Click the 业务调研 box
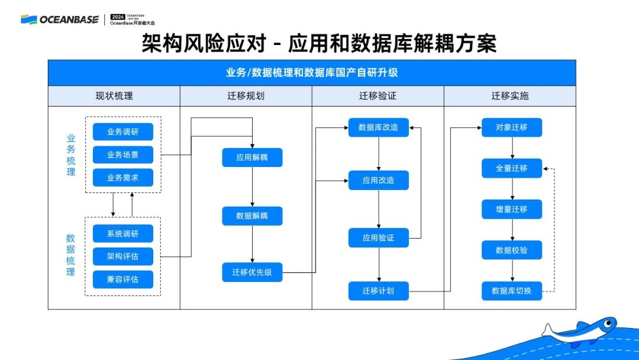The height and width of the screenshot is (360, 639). click(123, 131)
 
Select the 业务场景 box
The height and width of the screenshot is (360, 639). click(123, 155)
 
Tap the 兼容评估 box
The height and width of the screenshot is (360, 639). click(123, 279)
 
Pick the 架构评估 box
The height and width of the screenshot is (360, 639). click(123, 256)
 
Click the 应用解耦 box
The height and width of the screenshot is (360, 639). click(252, 157)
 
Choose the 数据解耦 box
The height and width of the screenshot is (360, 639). click(252, 216)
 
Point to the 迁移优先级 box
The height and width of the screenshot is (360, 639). click(252, 272)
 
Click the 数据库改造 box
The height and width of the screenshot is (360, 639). click(379, 127)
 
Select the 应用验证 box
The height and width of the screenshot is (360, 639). click(379, 238)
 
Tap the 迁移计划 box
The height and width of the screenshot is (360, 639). click(379, 291)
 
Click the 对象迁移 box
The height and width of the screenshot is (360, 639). click(512, 127)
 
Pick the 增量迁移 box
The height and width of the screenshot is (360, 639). click(512, 209)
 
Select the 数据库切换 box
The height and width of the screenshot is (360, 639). click(512, 291)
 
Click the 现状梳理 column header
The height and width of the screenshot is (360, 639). click(114, 96)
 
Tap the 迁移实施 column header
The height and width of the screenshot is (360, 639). click(510, 96)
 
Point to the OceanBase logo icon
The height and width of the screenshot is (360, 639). click(28, 20)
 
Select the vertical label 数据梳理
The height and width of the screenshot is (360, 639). click(71, 255)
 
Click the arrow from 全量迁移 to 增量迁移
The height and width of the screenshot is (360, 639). click(512, 188)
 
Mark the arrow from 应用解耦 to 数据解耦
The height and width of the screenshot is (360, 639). click(253, 187)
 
